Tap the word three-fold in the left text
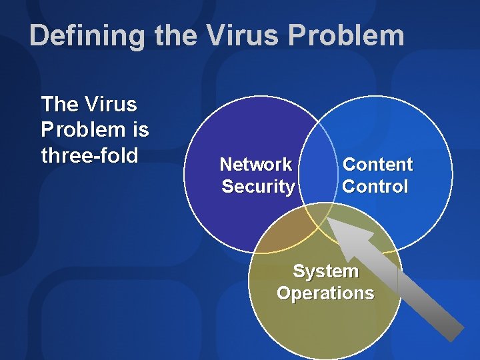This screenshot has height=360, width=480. click(x=89, y=155)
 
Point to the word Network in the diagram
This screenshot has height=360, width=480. click(x=256, y=164)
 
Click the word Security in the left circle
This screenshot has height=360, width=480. click(x=258, y=186)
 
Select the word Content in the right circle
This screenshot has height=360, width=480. click(x=377, y=164)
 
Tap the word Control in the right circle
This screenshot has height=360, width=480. click(x=375, y=186)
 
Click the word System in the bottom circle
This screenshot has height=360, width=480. click(x=325, y=271)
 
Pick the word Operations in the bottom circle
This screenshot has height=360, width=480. click(x=325, y=293)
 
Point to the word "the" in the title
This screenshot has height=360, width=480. click(x=174, y=35)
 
